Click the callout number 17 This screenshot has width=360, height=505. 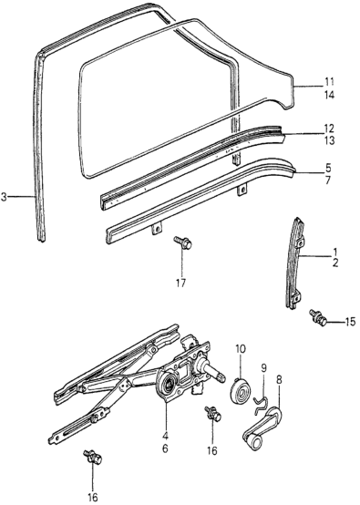[181, 283]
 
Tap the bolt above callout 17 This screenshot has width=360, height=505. [182, 242]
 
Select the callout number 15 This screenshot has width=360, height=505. [350, 322]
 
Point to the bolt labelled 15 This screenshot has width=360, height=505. [318, 316]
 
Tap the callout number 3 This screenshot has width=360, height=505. [4, 197]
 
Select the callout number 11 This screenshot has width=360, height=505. [329, 81]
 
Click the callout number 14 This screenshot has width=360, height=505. [329, 96]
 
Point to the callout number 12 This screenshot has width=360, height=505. [329, 129]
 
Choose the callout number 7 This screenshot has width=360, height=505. [328, 180]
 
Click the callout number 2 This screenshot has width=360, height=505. [335, 263]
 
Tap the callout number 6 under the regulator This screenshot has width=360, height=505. [165, 448]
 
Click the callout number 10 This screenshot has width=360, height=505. [241, 348]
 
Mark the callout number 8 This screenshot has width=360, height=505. [279, 380]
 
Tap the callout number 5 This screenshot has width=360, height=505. [328, 168]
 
